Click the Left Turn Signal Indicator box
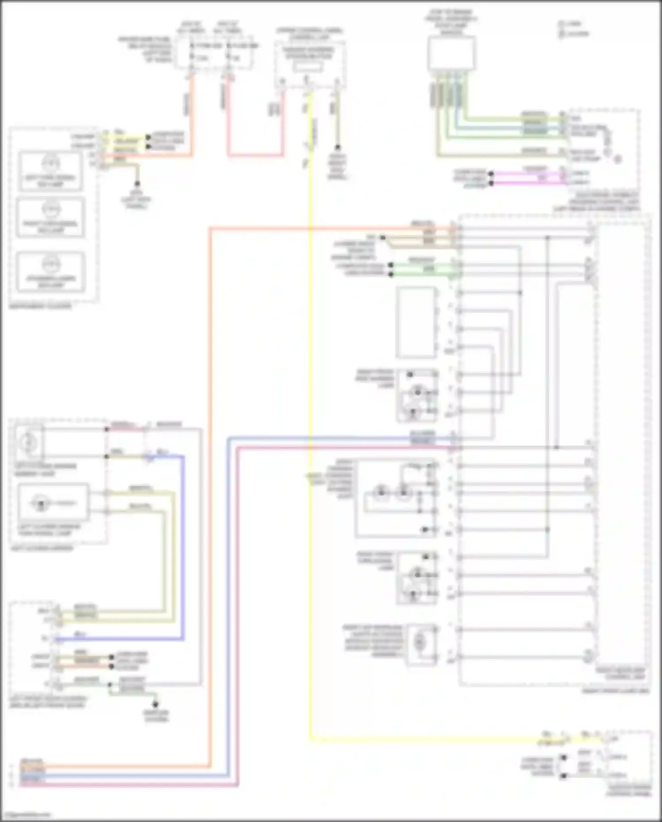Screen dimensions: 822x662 [50, 172]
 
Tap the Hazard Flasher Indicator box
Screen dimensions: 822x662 [50, 272]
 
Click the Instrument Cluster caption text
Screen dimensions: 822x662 [40, 306]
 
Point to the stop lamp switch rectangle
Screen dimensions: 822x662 [451, 53]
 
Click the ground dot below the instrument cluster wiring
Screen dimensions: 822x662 [137, 183]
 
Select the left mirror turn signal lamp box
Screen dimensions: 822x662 [53, 502]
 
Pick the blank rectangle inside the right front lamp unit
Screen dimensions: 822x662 [415, 322]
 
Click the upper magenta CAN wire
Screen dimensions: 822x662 [527, 174]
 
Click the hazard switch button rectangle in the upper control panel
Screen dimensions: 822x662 [308, 66]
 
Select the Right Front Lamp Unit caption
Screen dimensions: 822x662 [616, 691]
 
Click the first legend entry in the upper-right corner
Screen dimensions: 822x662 [572, 24]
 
